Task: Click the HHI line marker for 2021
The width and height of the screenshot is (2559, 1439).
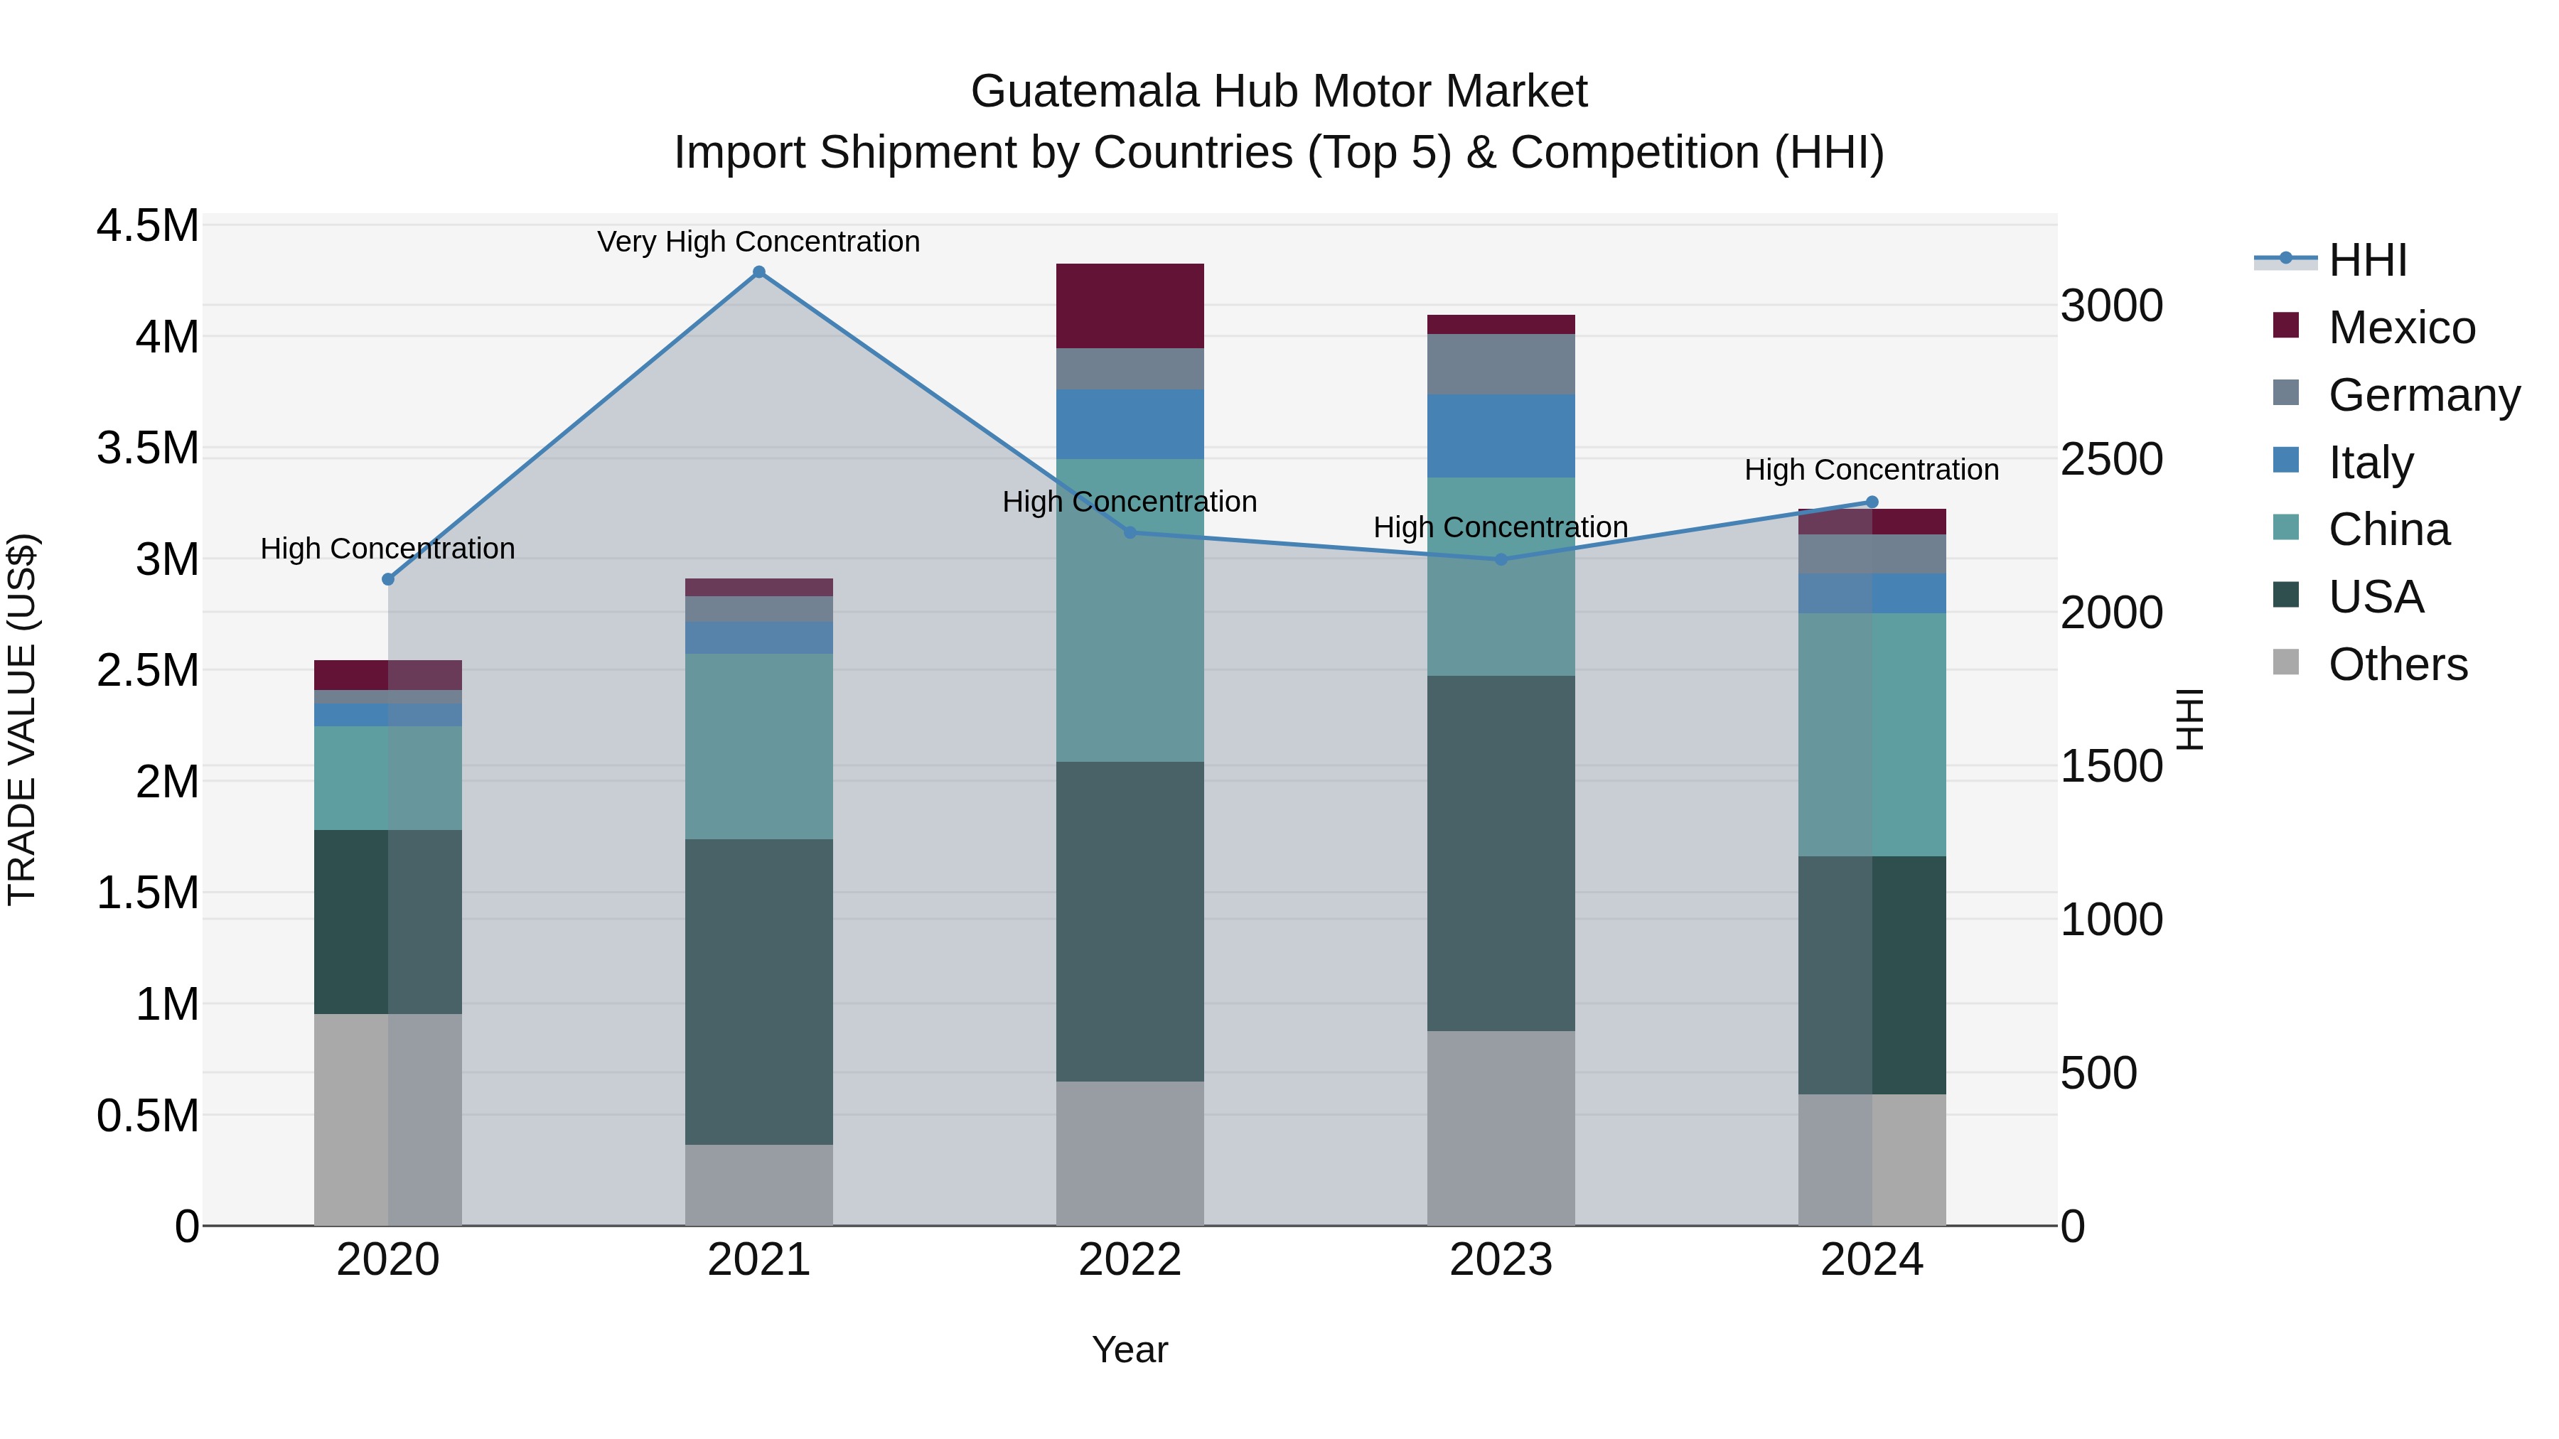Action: [759, 272]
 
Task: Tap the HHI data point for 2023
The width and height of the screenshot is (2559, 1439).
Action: [1501, 559]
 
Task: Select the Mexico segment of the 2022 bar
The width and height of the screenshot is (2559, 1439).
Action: [1130, 306]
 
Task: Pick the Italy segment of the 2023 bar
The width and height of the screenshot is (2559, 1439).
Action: [1501, 436]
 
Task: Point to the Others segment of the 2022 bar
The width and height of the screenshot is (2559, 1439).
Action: [1130, 1153]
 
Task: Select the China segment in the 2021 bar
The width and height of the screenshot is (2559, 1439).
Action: [759, 746]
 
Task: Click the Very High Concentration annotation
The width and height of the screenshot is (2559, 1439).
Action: [759, 242]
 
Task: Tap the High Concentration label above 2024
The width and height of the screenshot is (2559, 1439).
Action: [1872, 470]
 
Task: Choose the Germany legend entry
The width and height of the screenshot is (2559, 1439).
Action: [2424, 395]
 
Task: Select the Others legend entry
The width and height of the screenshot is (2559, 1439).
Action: [2397, 664]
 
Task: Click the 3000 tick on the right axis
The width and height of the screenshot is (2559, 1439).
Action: [2111, 306]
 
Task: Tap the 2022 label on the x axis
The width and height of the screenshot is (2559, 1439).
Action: [1130, 1260]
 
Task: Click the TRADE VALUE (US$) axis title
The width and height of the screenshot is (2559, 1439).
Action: [22, 719]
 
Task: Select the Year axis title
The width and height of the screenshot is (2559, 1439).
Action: [1130, 1349]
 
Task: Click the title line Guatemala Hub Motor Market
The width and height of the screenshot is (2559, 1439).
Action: [1279, 92]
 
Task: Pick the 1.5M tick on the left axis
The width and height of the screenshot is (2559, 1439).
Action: [147, 893]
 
